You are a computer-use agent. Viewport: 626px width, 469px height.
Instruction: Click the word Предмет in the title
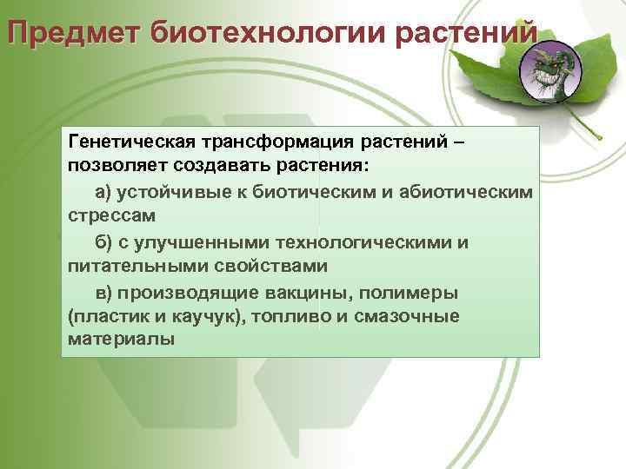(x=74, y=32)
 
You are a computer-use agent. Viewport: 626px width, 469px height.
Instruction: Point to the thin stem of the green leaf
(x=590, y=127)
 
